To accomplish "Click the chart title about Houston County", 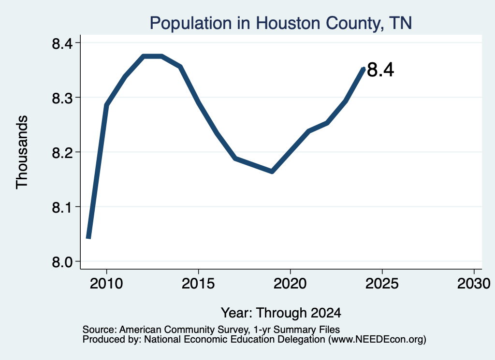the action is (281, 23).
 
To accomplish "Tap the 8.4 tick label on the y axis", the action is (62, 43).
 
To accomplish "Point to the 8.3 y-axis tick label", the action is (62, 98).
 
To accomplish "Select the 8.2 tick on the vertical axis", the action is (62, 153).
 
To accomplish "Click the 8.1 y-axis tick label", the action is (62, 208).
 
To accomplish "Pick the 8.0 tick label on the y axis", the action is (62, 262).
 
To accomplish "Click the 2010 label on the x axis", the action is (106, 283).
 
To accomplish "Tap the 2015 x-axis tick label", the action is (198, 283).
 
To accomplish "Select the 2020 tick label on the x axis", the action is (290, 283).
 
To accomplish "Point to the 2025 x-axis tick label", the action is (382, 283).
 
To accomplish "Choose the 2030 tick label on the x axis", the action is (474, 283).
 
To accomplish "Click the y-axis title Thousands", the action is (22, 152).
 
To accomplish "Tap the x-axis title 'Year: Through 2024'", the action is (281, 313).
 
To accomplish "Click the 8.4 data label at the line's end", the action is (381, 70).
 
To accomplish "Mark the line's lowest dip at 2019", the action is (272, 172).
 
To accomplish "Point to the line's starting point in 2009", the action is (88, 237).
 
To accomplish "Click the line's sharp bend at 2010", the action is (106, 104).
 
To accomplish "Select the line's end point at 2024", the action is (364, 69).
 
